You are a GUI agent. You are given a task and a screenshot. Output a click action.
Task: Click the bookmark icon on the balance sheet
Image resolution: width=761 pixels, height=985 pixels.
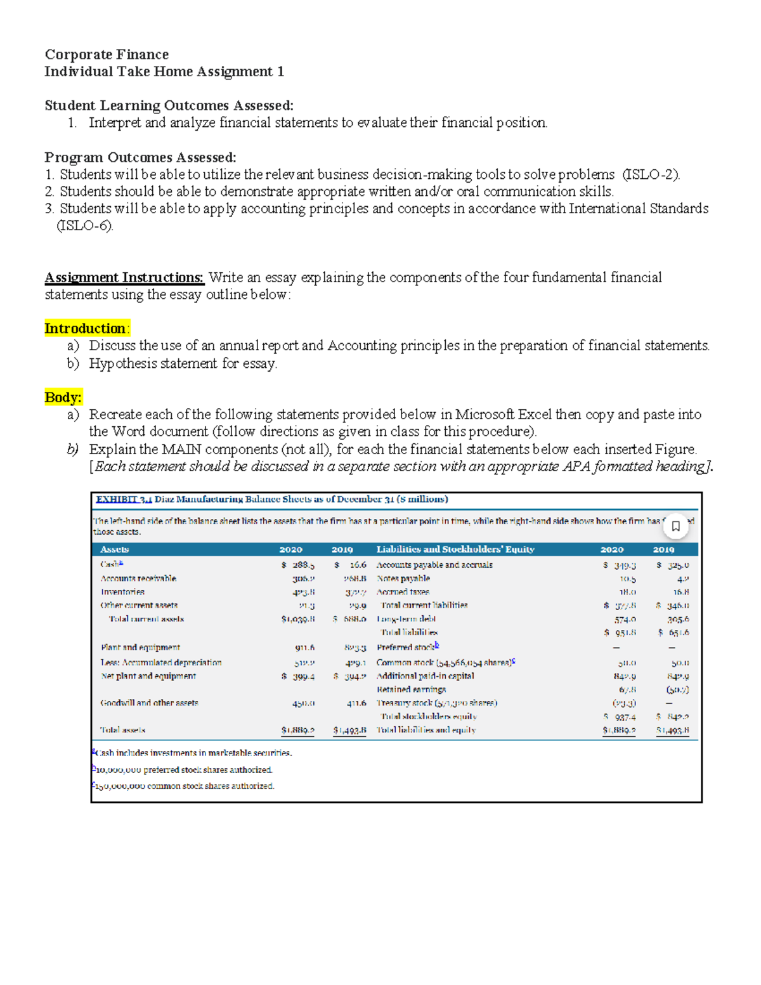coord(675,526)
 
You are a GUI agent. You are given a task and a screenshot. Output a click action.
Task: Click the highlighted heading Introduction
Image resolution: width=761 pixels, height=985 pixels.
coord(86,329)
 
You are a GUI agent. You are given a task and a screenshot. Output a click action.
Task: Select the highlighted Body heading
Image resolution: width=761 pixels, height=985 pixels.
coord(63,397)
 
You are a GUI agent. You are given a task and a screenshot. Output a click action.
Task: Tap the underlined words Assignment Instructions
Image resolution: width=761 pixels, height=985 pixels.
coord(124,277)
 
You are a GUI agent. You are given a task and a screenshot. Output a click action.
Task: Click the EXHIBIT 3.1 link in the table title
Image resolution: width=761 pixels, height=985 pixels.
coord(124,499)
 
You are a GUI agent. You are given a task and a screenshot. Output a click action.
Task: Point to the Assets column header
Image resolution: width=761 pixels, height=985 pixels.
coord(114,549)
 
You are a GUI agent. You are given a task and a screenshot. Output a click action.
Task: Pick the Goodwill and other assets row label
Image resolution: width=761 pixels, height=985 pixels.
coord(149,703)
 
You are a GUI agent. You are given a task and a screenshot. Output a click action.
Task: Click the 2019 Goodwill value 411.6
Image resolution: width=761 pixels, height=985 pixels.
coord(356,703)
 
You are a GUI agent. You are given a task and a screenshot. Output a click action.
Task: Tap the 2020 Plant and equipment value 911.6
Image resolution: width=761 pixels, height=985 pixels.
coord(304,648)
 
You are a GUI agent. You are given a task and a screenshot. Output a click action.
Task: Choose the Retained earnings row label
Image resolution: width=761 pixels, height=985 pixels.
coord(411,689)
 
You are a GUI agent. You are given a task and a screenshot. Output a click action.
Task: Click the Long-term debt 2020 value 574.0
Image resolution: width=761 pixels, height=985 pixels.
coord(625,619)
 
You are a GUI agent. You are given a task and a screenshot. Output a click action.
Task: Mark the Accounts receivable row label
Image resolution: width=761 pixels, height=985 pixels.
coord(138,578)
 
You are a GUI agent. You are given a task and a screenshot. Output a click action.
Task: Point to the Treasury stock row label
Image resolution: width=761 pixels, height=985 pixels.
coord(437,703)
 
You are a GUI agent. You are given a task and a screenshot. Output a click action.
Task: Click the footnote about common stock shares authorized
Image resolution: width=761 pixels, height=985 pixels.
coord(184,786)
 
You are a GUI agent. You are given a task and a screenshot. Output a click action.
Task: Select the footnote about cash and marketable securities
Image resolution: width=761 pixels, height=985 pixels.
coord(193,753)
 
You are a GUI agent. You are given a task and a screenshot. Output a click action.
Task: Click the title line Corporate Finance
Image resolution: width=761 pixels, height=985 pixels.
coord(107,55)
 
